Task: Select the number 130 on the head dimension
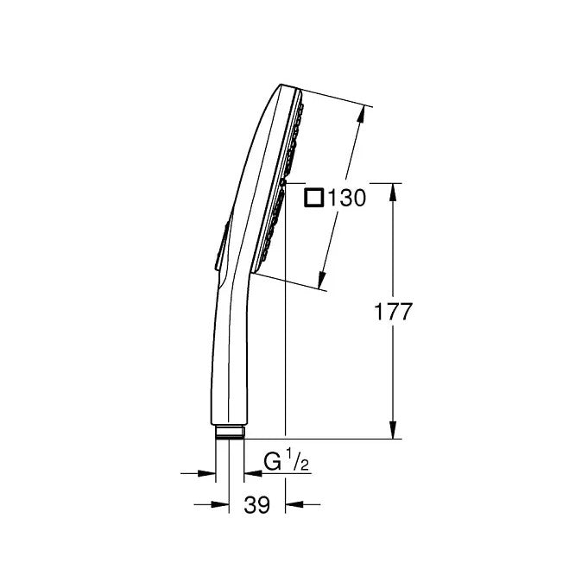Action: (347, 198)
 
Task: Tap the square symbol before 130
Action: (315, 198)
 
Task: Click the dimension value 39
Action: (257, 506)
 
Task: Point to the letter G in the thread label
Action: (272, 464)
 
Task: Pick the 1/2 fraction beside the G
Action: (299, 463)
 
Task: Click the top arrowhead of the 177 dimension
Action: (394, 190)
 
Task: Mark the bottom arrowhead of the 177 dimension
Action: (394, 432)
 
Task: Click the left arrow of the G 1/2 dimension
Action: (207, 472)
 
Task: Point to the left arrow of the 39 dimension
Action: (220, 505)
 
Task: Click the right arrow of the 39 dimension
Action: (294, 505)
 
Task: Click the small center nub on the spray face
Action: (284, 182)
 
